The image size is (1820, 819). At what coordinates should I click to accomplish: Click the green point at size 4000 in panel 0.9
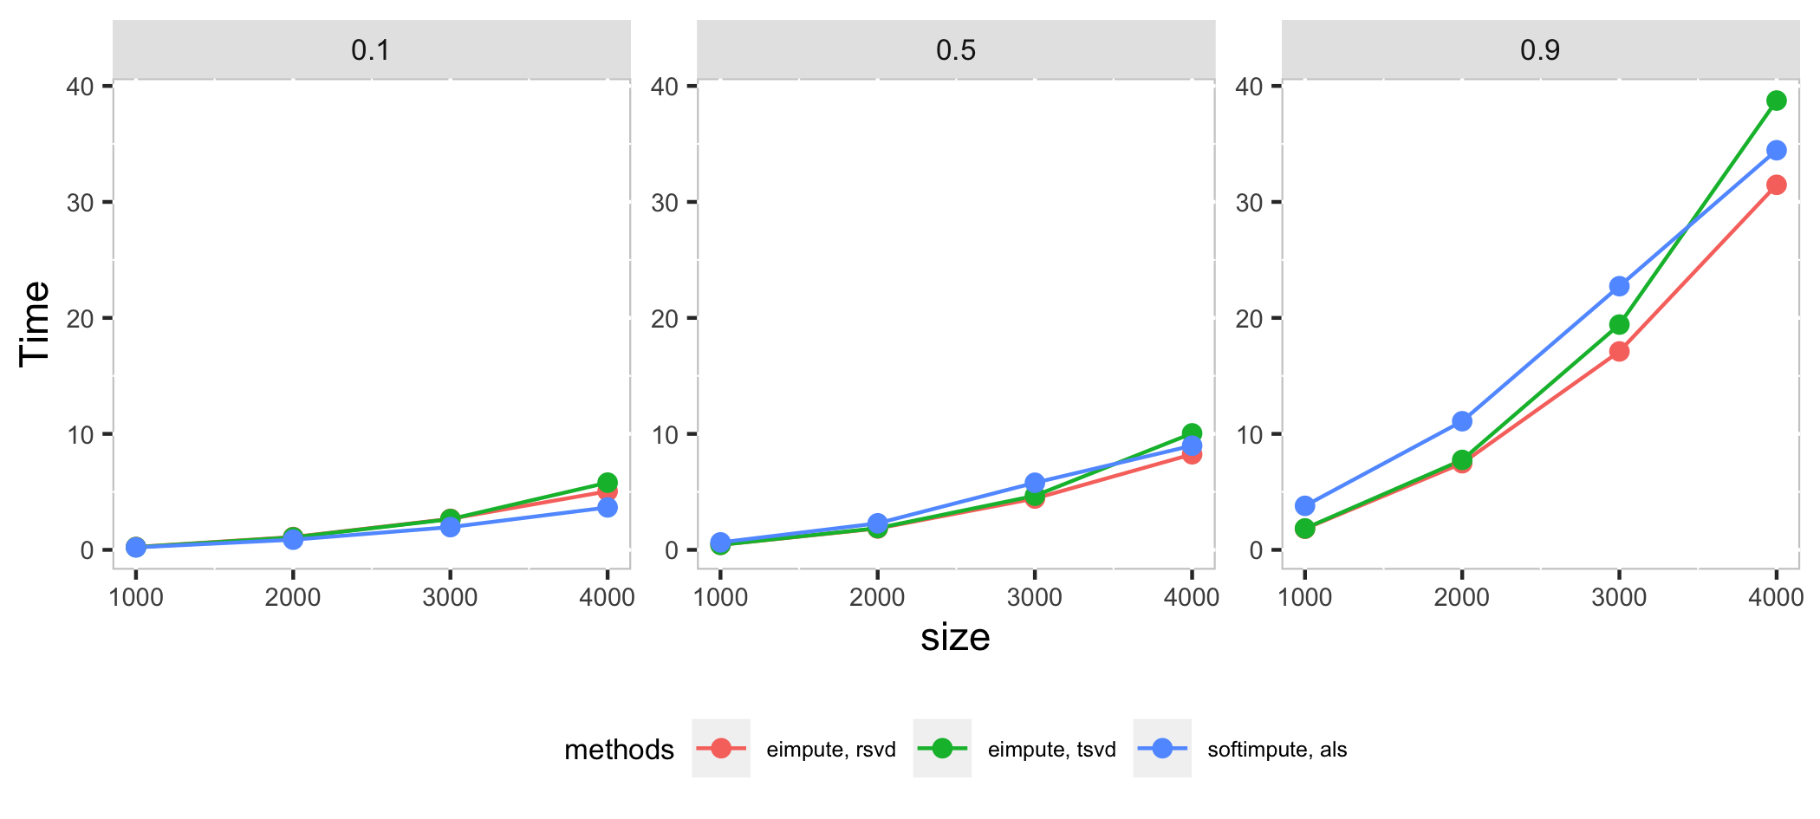coord(1777,101)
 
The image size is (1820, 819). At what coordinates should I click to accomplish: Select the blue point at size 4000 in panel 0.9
coord(1777,150)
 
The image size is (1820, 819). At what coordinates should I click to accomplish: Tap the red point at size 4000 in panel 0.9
coord(1777,185)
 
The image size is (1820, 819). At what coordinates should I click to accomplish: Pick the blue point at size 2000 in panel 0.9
coord(1462,421)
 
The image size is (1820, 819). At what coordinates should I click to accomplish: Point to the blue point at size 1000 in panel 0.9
coord(1305,505)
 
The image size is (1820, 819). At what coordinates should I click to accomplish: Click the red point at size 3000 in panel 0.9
coord(1619,351)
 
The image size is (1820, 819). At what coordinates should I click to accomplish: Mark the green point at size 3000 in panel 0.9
coord(1619,324)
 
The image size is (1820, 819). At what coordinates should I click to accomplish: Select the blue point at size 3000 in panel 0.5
coord(1035,483)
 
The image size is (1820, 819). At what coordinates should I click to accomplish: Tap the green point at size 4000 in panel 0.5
coord(1192,432)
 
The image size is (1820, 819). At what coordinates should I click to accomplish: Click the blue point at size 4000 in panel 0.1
coord(608,507)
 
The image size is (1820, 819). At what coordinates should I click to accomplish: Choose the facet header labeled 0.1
coord(371,50)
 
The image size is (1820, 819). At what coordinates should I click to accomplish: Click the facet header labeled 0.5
coord(956,50)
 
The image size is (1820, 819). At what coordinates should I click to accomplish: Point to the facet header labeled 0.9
coord(1540,50)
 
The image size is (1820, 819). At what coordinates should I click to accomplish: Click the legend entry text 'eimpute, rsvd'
coord(831,750)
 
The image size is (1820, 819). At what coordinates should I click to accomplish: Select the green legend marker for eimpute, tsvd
coord(941,748)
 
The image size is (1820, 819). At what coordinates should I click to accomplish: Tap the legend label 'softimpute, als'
coord(1277,750)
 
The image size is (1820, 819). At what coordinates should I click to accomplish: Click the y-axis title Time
coord(36,323)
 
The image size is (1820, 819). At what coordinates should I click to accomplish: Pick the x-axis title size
coord(955,638)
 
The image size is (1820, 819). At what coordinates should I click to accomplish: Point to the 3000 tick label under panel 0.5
coord(1035,597)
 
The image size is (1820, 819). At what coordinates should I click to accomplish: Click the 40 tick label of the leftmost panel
coord(80,87)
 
